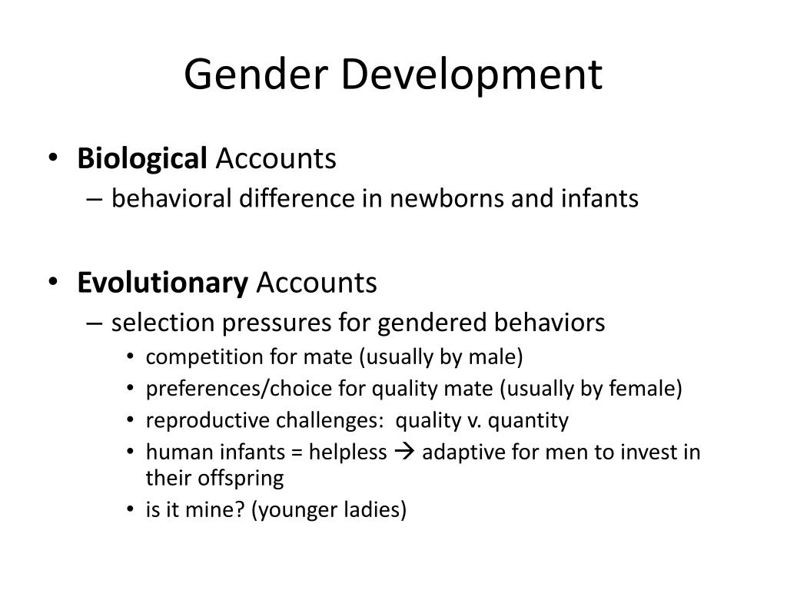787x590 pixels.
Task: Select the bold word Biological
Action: point(142,159)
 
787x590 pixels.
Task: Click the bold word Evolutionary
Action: point(162,283)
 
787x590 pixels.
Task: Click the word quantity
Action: point(529,420)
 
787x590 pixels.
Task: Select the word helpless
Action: point(348,452)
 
